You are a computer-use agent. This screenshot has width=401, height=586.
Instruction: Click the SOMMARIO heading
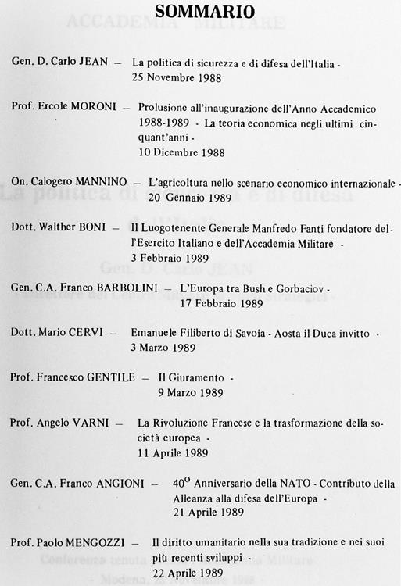pos(204,12)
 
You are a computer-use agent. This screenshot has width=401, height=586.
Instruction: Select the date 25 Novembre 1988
pos(177,77)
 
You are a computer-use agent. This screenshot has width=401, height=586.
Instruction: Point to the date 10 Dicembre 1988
pos(181,152)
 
